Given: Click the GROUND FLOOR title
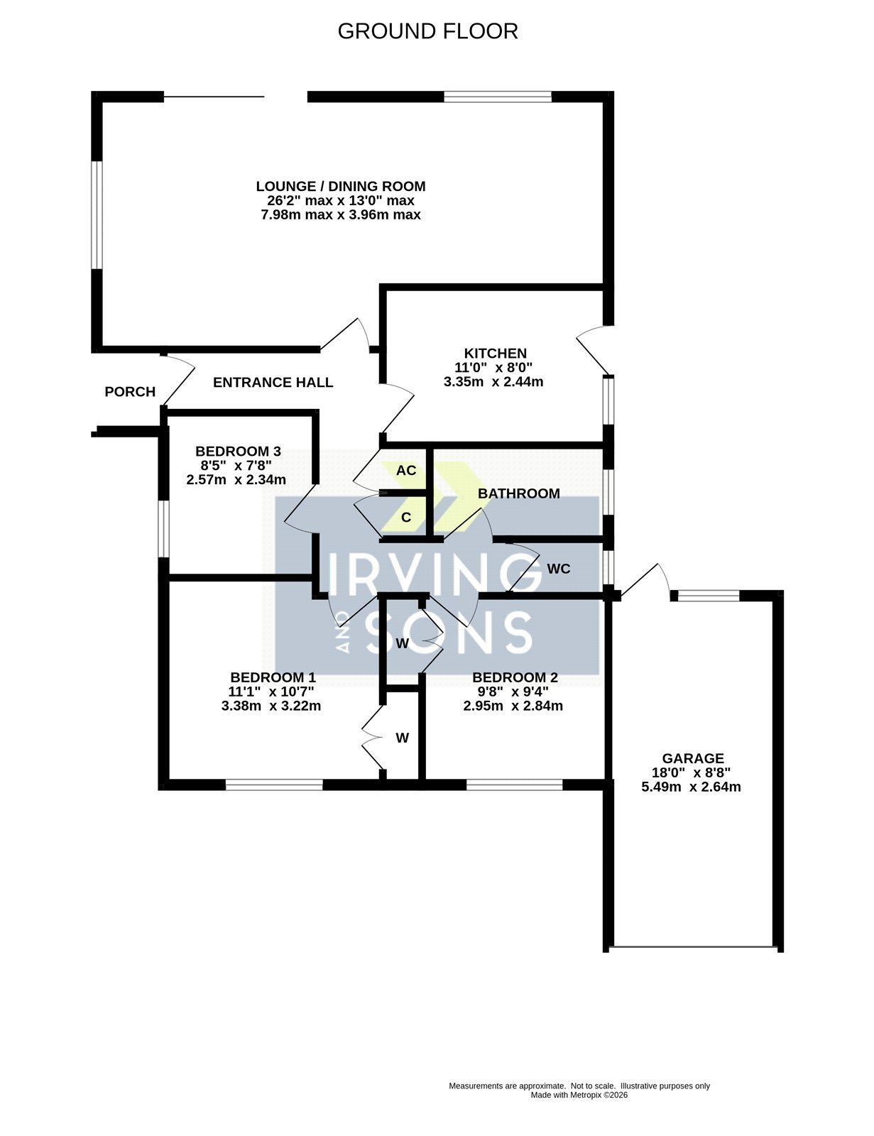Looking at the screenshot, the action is tap(427, 31).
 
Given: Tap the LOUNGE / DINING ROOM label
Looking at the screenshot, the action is tap(340, 186).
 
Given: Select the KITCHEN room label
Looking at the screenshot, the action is tap(495, 354).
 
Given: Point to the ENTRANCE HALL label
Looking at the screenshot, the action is tap(273, 382).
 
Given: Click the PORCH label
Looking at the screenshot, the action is tap(130, 391).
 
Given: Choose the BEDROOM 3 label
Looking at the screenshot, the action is tap(238, 451).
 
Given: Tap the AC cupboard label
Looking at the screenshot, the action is tap(405, 471).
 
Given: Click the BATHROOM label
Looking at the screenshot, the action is tap(518, 493).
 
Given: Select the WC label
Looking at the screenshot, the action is tap(558, 569).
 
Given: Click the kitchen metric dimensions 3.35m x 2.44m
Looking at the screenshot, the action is tap(493, 382).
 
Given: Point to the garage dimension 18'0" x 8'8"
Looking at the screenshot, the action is tap(691, 772).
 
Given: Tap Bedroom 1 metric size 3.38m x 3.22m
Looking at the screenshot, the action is tap(271, 706).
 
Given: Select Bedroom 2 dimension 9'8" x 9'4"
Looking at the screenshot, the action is tap(514, 692).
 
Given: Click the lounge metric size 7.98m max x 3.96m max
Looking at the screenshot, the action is tap(340, 214).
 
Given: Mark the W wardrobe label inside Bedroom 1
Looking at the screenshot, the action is tap(402, 738).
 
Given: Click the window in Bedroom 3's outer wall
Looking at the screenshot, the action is tap(163, 529).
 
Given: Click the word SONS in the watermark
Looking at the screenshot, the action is tap(449, 633).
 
